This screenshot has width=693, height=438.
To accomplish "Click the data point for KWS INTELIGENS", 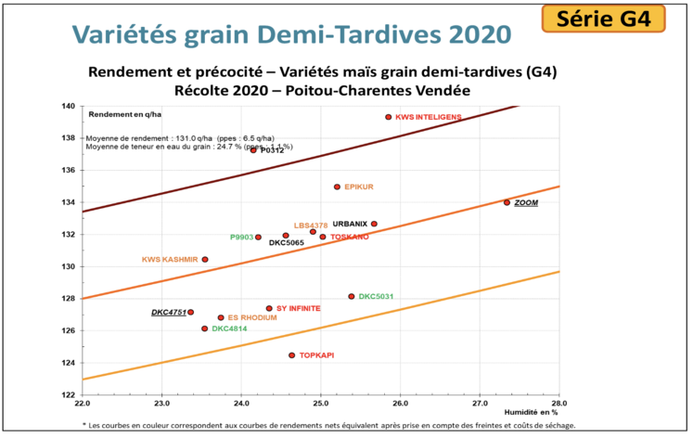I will [389, 117].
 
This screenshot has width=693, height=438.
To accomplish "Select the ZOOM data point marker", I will [507, 202].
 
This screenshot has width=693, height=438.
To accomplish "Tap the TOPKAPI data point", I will [291, 355].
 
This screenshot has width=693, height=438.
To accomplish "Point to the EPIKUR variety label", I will [358, 187].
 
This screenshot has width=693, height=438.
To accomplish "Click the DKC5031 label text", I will [377, 296].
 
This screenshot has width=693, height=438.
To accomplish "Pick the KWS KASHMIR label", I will [169, 259].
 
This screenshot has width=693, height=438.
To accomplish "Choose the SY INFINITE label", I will [299, 308].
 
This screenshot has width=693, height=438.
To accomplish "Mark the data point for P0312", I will [253, 149].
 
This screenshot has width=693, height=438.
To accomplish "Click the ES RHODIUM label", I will [252, 317].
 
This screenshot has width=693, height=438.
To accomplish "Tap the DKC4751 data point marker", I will [191, 312].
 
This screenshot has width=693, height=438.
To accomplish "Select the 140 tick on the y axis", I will [69, 106].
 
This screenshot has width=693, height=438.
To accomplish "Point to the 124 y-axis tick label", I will [69, 362].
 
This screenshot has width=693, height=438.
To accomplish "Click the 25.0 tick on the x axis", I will [320, 405].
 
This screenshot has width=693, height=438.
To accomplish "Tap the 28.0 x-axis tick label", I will [558, 405].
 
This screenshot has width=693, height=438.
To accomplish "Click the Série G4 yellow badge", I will [615, 18].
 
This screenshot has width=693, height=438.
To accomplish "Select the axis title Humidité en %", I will [531, 411].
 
